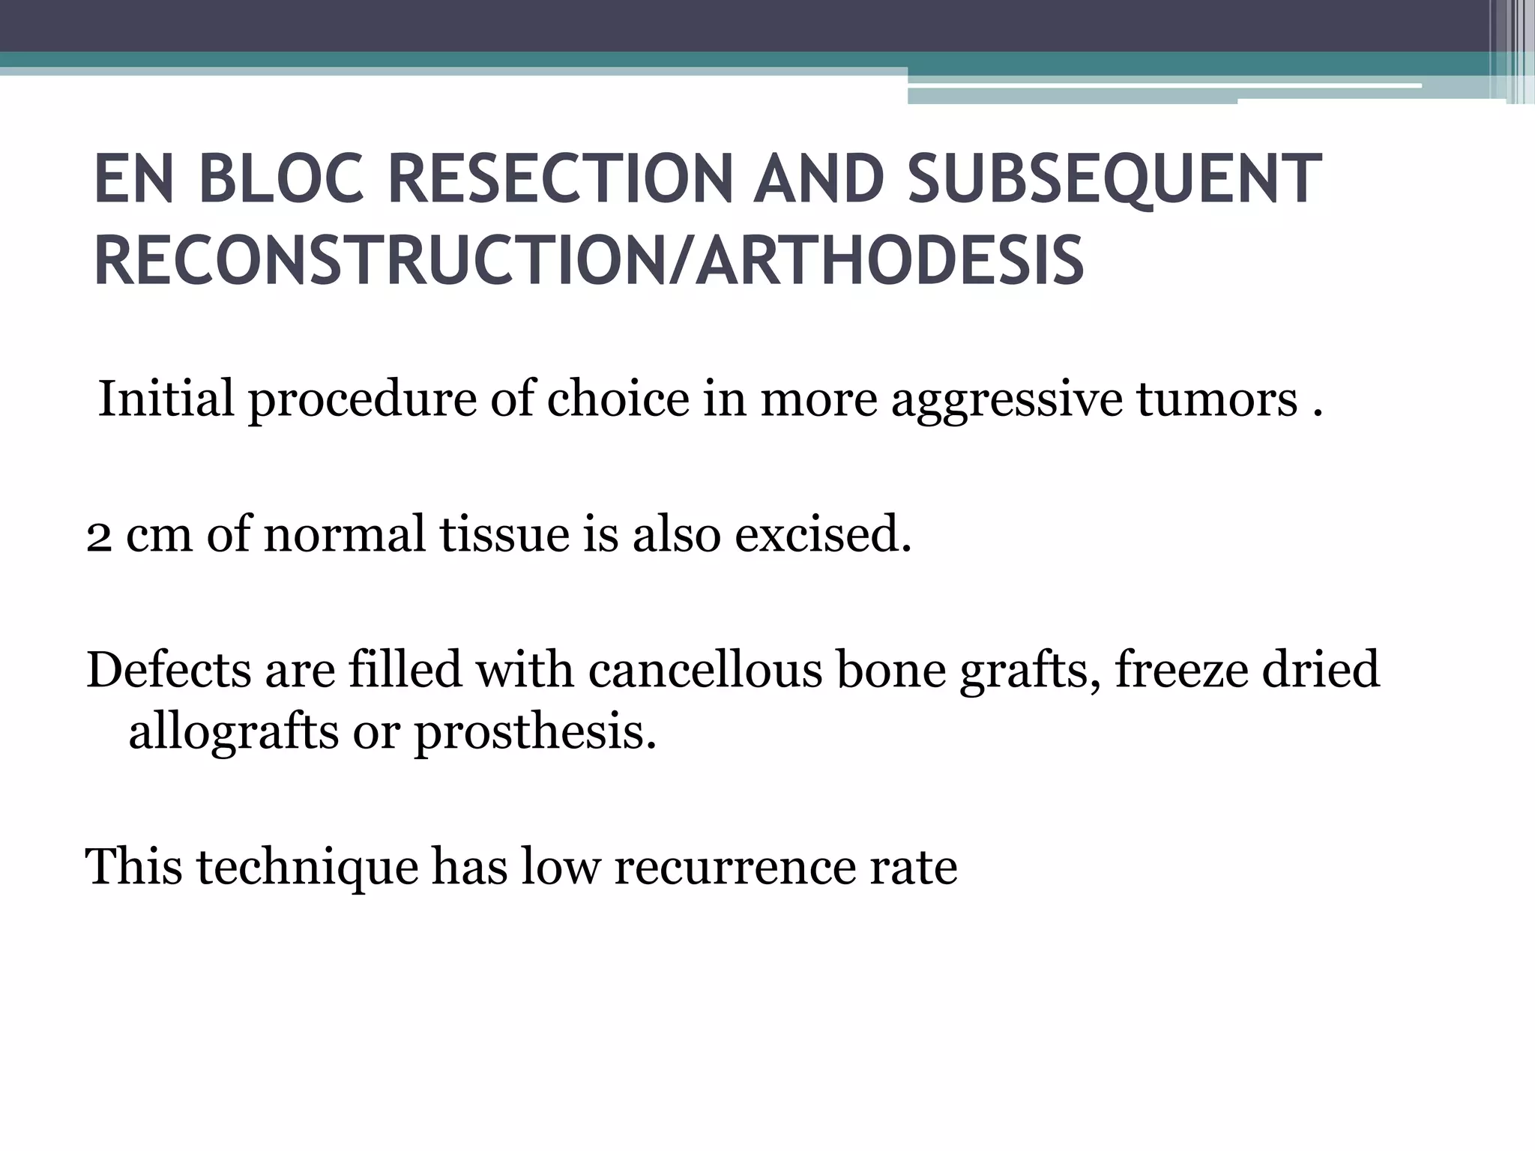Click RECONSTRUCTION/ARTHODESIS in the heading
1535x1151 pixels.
click(588, 260)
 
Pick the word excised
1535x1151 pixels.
click(823, 534)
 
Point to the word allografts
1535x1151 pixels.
click(233, 732)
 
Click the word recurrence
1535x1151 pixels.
click(735, 867)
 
